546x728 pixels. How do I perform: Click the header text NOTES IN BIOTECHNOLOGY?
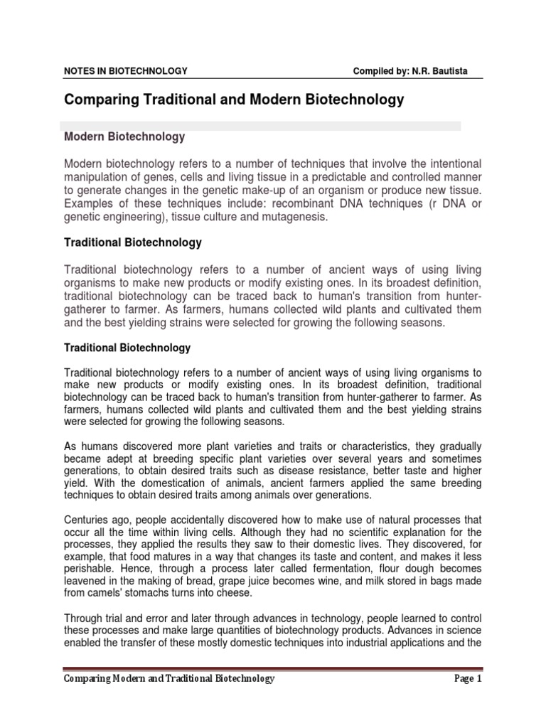(126, 70)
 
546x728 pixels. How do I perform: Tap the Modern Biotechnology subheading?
(124, 136)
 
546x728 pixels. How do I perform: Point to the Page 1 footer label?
(468, 679)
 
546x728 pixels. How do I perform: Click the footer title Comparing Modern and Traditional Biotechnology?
(169, 679)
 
